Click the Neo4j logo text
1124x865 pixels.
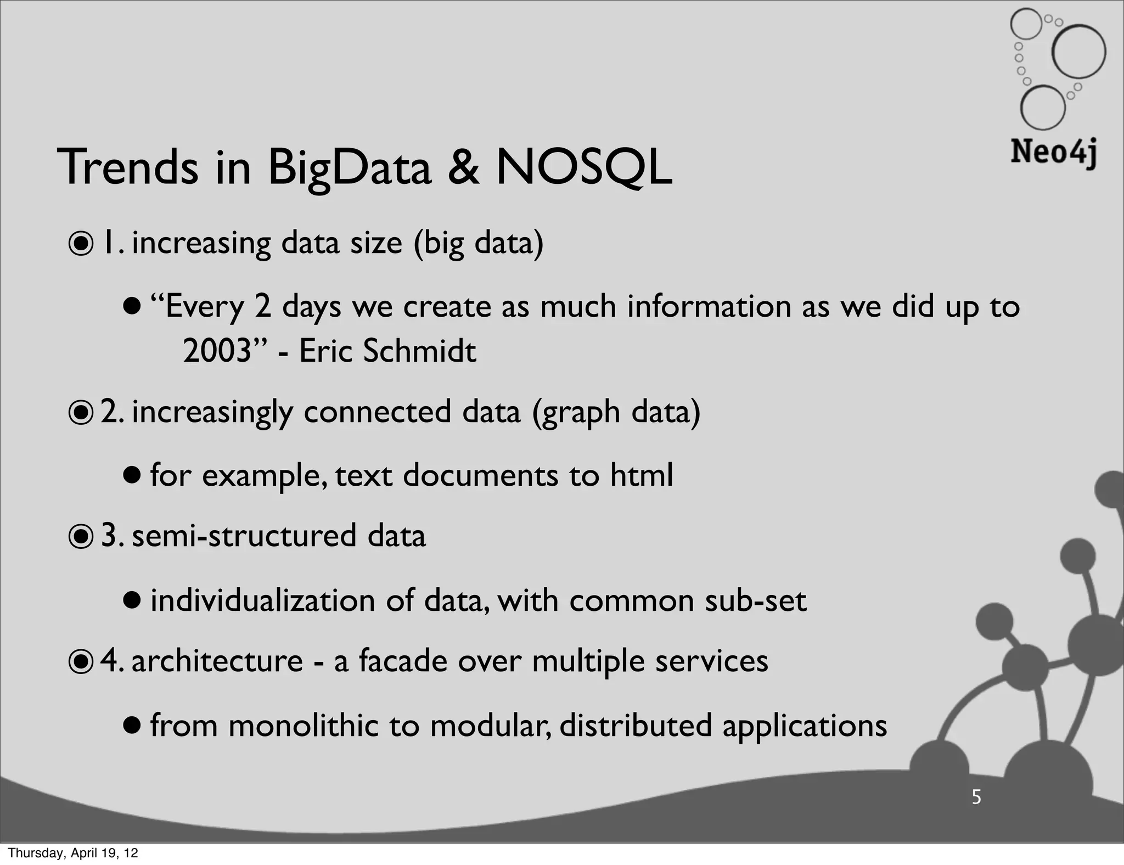click(1053, 152)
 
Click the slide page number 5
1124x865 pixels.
click(976, 797)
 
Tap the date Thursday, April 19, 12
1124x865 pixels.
click(73, 853)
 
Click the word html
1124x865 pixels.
click(642, 475)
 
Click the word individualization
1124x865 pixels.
click(262, 600)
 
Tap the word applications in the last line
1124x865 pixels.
click(804, 726)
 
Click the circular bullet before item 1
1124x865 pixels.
click(81, 245)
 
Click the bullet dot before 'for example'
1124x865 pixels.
click(132, 474)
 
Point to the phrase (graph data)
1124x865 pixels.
click(616, 413)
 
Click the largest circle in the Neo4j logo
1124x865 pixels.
click(1078, 52)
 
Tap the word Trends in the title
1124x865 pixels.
click(128, 167)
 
